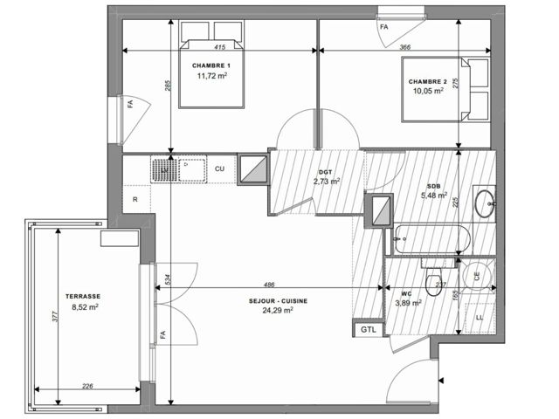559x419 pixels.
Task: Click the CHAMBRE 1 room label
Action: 211,65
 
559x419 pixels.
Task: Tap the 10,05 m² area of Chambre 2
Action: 428,91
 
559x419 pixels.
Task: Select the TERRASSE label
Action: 83,296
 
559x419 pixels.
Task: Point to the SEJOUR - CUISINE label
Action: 278,301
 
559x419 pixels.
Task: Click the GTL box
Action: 369,330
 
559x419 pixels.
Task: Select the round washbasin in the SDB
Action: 485,203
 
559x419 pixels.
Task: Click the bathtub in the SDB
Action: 432,239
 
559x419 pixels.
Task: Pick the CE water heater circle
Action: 478,276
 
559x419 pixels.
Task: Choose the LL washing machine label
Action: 480,318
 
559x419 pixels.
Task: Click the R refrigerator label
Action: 135,200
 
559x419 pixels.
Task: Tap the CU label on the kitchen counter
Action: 219,168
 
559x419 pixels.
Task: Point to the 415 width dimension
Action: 220,46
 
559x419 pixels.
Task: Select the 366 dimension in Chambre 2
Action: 405,46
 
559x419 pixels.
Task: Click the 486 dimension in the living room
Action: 269,285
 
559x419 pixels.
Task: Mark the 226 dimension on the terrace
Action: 87,386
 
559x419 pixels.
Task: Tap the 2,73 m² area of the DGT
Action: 326,182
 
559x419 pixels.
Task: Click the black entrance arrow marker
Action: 442,381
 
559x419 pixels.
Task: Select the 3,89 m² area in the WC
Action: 408,303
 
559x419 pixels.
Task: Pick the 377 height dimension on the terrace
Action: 55,317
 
